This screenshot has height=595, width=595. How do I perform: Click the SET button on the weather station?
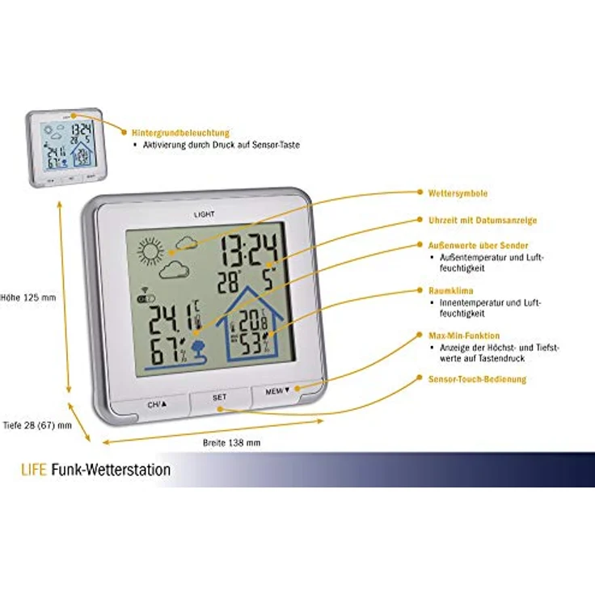pyautogui.click(x=220, y=398)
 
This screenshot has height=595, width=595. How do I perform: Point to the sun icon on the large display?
pyautogui.click(x=150, y=251)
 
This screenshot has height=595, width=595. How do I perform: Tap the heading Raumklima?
pyautogui.click(x=447, y=289)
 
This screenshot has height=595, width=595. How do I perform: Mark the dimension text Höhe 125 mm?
pyautogui.click(x=28, y=297)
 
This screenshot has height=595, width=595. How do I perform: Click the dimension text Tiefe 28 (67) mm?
pyautogui.click(x=37, y=424)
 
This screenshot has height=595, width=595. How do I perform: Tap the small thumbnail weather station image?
pyautogui.click(x=65, y=148)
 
